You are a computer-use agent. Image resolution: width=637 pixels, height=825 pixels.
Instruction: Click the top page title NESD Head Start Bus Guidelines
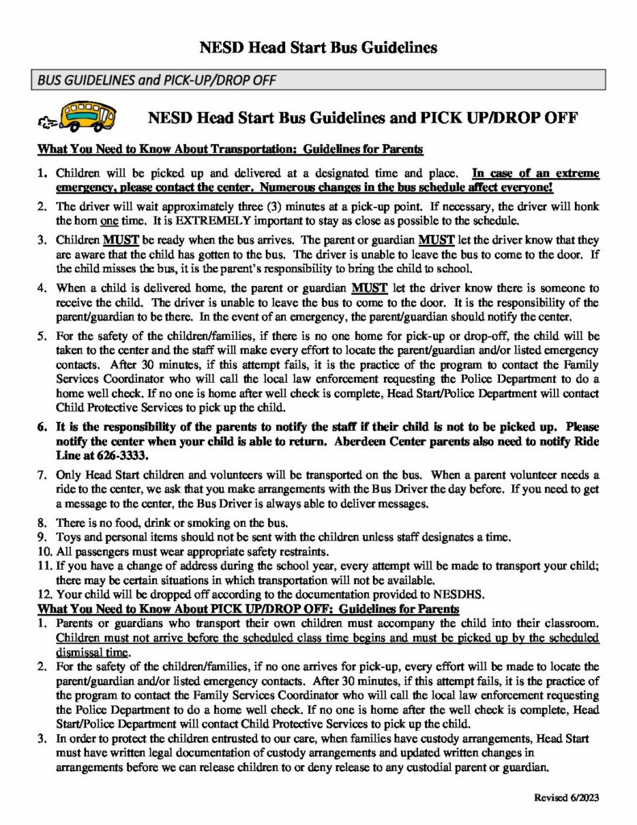(318, 48)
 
